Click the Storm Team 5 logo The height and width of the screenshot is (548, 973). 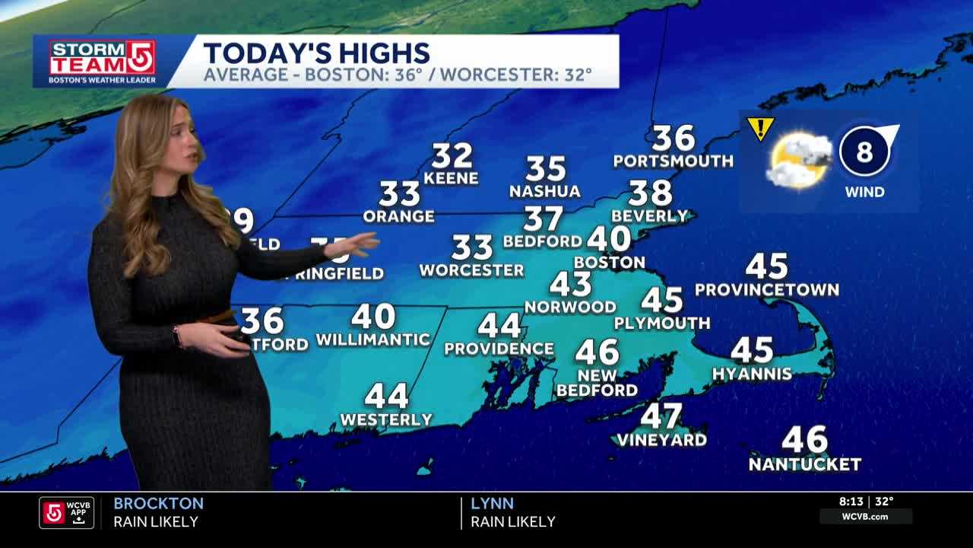[102, 61]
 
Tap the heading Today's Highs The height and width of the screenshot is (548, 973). [316, 53]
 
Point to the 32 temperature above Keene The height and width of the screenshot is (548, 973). [452, 156]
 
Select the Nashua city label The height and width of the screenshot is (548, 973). [544, 191]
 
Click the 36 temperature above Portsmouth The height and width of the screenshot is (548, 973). [673, 139]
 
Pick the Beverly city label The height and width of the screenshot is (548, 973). [649, 215]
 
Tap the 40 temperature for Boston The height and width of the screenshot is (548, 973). [609, 239]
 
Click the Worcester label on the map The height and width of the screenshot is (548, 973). [471, 270]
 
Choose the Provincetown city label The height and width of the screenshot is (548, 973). [766, 290]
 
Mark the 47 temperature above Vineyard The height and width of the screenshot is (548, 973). [661, 416]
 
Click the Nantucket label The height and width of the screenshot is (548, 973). [804, 464]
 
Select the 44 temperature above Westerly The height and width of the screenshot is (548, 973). [386, 396]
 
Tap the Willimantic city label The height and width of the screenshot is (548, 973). [372, 339]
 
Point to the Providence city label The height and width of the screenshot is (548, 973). [499, 349]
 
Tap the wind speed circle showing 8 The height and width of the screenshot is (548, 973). [865, 152]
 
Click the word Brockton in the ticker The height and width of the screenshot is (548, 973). [158, 503]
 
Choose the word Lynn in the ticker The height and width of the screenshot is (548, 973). [492, 503]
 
